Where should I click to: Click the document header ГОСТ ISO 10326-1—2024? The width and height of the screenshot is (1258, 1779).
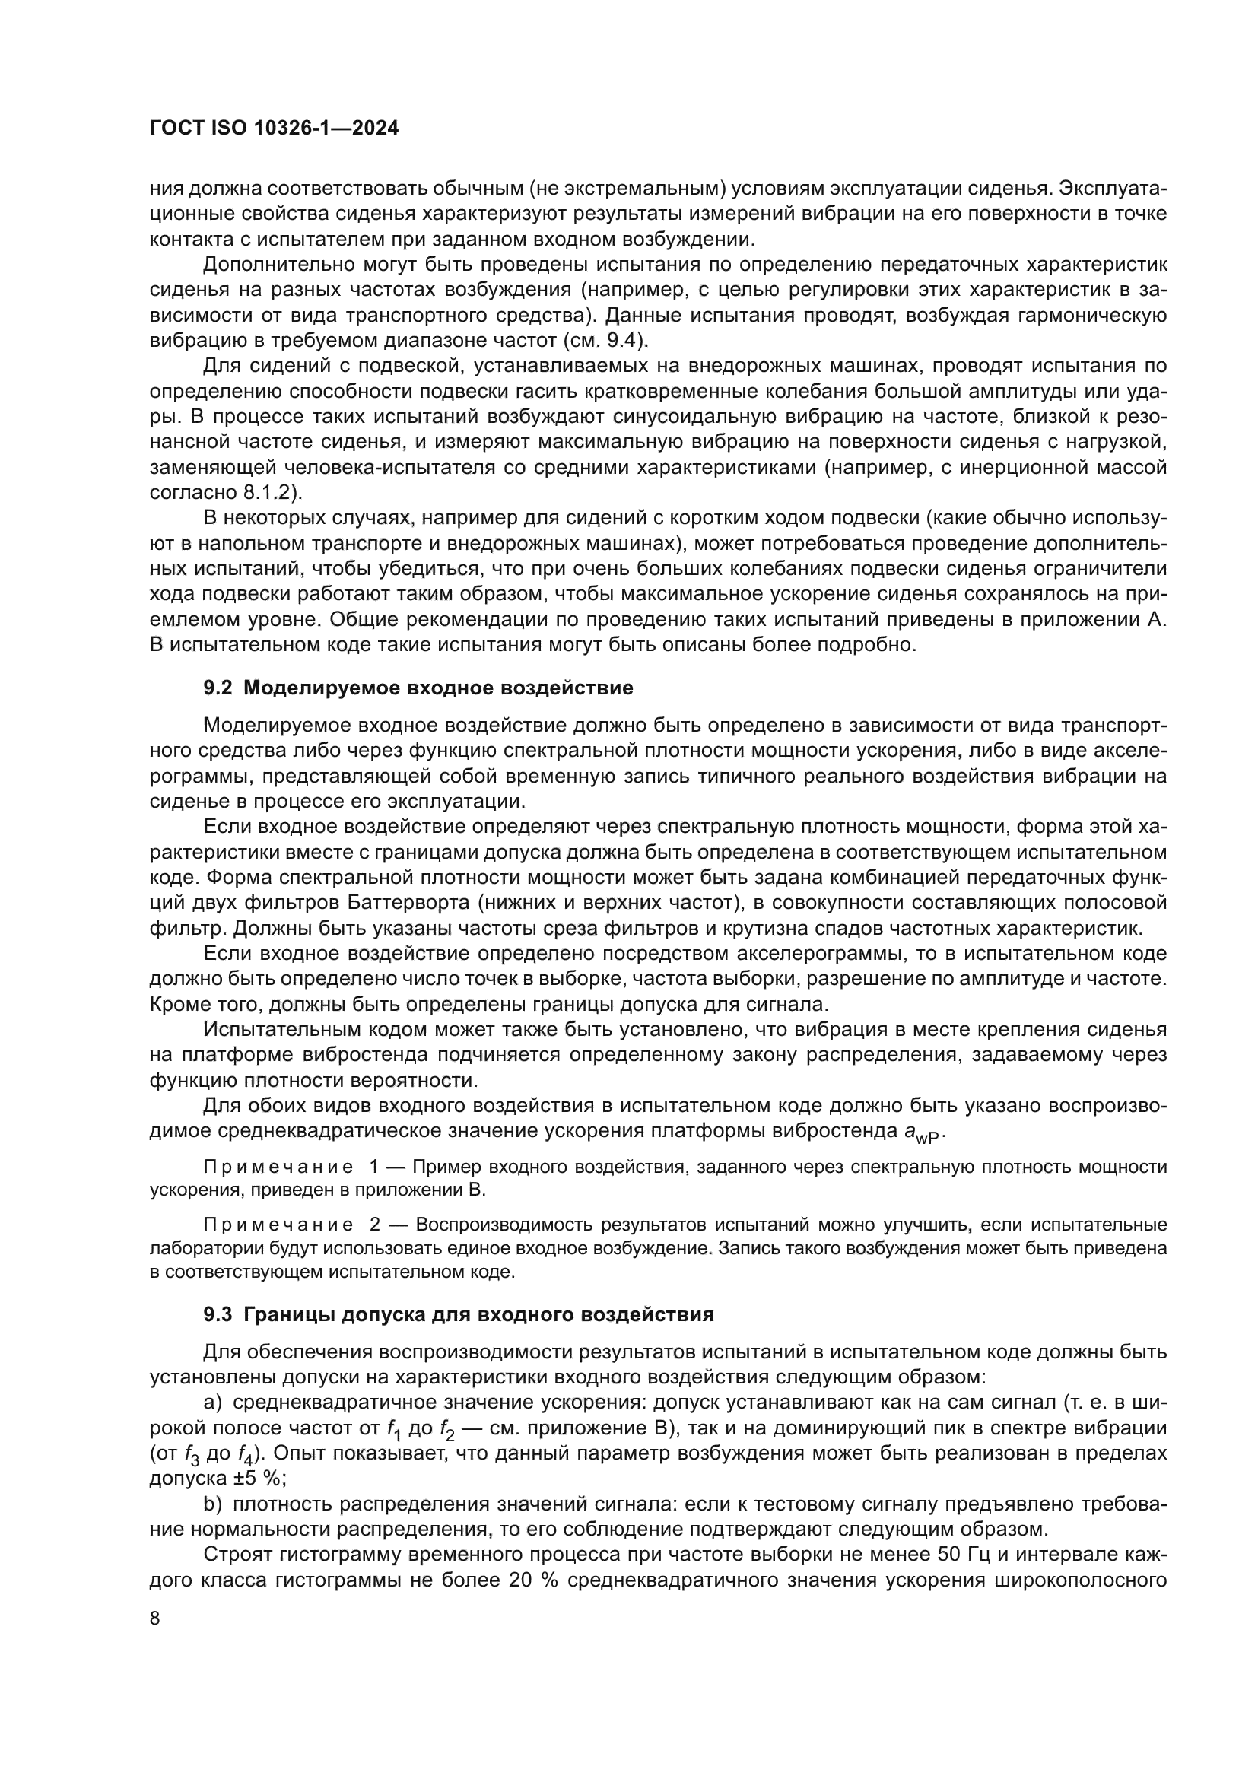(274, 129)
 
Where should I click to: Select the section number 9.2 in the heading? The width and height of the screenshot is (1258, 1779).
(218, 688)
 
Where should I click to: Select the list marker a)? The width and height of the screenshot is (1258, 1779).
(212, 1403)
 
